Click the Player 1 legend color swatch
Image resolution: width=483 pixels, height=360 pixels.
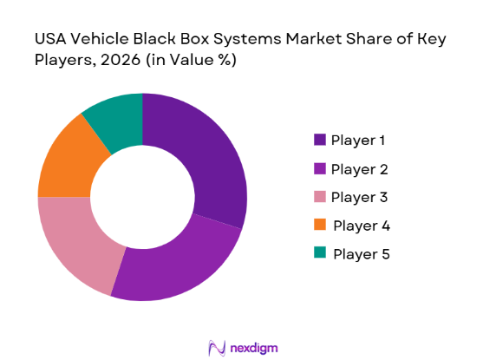(x=318, y=140)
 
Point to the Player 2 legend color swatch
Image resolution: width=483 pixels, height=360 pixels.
(x=318, y=168)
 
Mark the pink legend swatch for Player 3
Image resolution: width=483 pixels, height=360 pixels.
(x=318, y=197)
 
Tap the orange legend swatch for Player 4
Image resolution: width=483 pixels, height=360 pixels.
(x=318, y=226)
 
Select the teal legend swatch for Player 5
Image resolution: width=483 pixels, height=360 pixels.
(x=318, y=254)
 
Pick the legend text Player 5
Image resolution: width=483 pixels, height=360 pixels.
(x=361, y=254)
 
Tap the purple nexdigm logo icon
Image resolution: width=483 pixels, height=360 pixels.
(x=216, y=347)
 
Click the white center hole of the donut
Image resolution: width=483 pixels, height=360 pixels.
(x=141, y=197)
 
